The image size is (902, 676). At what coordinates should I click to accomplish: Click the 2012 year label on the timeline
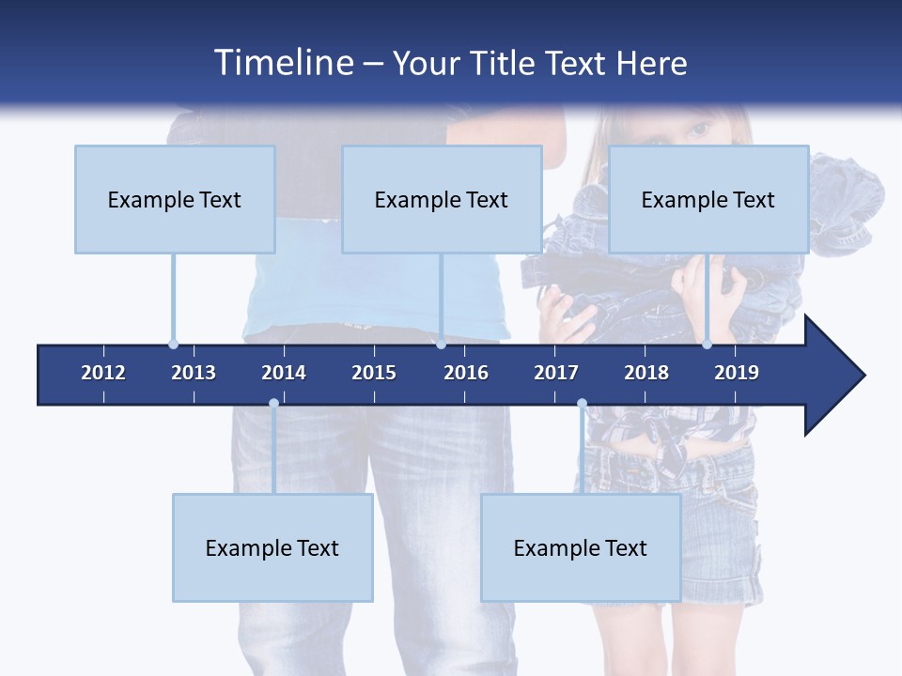pos(103,373)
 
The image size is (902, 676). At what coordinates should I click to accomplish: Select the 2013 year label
pos(194,373)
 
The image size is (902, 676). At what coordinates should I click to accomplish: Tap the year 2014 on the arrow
pos(284,373)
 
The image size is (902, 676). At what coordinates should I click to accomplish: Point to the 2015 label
pos(374,373)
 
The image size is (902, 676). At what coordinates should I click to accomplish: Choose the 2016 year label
pos(466,373)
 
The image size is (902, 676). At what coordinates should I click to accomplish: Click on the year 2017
pos(556,373)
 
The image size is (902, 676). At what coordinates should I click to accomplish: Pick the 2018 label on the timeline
pos(646,373)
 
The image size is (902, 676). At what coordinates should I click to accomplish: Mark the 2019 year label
pos(737,373)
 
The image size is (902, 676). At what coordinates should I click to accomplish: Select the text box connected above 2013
pos(175,199)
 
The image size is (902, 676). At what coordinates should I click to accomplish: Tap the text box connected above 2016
pos(442,199)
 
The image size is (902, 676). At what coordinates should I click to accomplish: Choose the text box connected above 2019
pos(708,199)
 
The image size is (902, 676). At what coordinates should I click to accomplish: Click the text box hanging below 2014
pos(272,547)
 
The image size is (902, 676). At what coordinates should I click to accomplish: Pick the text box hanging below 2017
pos(581,547)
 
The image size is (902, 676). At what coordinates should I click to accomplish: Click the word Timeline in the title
pos(282,63)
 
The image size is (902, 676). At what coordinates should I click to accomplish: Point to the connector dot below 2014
pos(273,404)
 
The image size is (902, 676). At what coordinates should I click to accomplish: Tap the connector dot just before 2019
pos(708,345)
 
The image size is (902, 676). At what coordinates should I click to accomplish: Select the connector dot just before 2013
pos(174,345)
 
